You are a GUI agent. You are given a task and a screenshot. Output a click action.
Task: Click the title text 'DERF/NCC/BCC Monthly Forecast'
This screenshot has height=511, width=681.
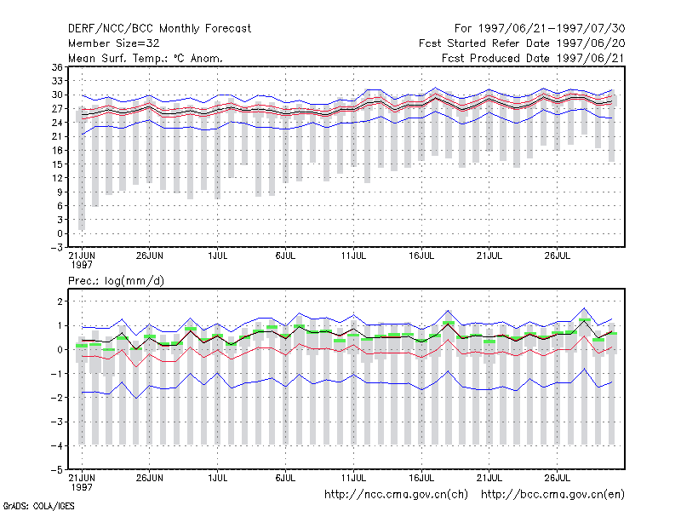(x=159, y=29)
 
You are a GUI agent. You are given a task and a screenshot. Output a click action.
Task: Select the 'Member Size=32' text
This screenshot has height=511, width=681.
(x=114, y=43)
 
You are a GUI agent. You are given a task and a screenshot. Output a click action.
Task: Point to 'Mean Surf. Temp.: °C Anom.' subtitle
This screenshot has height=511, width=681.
(x=145, y=58)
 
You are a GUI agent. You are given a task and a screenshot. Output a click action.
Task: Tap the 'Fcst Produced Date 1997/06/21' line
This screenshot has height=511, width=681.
(x=534, y=58)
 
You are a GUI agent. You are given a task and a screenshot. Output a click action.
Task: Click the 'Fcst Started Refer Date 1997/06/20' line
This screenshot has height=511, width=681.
(x=522, y=43)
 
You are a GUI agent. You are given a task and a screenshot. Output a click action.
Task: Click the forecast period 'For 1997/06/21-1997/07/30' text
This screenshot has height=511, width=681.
(x=540, y=29)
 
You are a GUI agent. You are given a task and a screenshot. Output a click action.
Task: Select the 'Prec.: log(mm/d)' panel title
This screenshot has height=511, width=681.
(x=116, y=281)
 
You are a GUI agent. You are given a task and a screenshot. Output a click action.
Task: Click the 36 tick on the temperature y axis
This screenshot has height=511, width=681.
(x=57, y=67)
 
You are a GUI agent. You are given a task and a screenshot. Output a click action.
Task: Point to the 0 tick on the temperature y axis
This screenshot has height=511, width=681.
(x=60, y=233)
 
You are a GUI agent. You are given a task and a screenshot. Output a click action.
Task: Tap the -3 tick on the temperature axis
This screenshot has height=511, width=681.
(x=57, y=248)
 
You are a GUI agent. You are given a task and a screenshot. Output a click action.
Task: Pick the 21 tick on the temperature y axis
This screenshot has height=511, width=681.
(x=57, y=136)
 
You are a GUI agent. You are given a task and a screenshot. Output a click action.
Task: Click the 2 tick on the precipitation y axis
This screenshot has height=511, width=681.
(x=60, y=301)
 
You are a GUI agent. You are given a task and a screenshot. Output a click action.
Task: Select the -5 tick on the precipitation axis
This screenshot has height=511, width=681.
(x=57, y=470)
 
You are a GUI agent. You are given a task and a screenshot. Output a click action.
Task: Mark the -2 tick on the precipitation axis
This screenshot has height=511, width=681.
(x=57, y=398)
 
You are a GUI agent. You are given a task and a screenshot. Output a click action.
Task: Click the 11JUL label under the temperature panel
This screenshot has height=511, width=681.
(x=353, y=256)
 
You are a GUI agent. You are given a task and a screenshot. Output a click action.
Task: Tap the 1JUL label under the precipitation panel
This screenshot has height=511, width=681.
(x=218, y=479)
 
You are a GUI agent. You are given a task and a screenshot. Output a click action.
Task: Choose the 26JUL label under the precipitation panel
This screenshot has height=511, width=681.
(x=558, y=479)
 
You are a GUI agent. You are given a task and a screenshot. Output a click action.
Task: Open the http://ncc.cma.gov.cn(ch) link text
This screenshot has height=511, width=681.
(x=396, y=495)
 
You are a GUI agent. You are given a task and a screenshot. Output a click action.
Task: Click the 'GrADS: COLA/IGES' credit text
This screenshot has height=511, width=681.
(x=39, y=506)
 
